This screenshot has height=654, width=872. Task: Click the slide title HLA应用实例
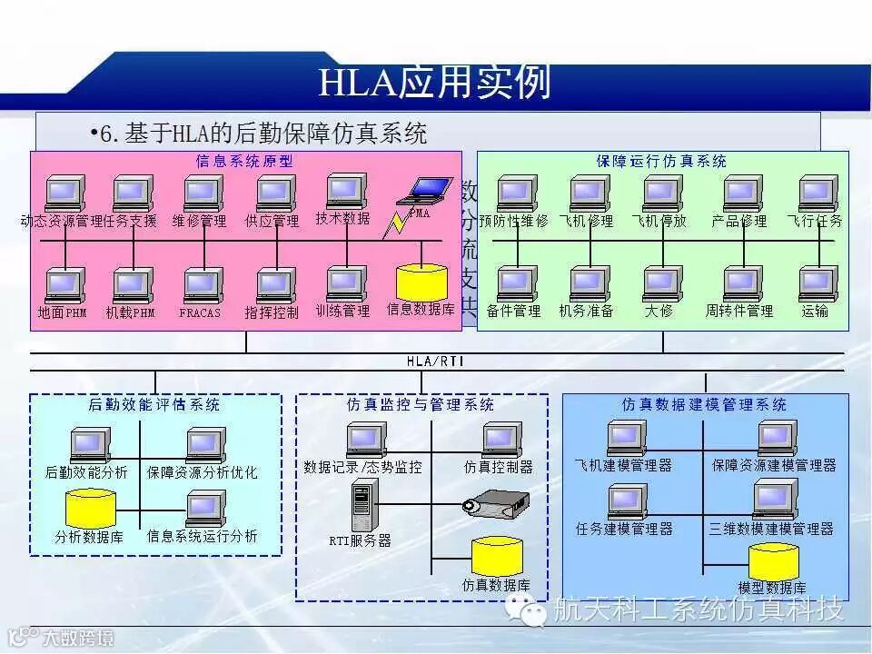(435, 83)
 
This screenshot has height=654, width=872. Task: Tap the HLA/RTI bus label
(435, 361)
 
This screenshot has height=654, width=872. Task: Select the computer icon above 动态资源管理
(64, 193)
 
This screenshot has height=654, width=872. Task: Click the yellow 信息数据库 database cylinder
(421, 282)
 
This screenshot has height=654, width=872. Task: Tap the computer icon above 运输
(817, 283)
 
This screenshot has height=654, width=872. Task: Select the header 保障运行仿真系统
(661, 161)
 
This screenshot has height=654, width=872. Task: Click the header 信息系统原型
(245, 161)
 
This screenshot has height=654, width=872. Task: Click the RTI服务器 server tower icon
(362, 507)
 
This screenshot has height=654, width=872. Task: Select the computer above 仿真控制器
(500, 440)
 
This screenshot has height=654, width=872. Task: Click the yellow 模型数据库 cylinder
(773, 562)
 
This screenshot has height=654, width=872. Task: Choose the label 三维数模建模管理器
(771, 528)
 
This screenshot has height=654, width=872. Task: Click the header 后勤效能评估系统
(154, 404)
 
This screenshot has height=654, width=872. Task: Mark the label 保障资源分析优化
(202, 472)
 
